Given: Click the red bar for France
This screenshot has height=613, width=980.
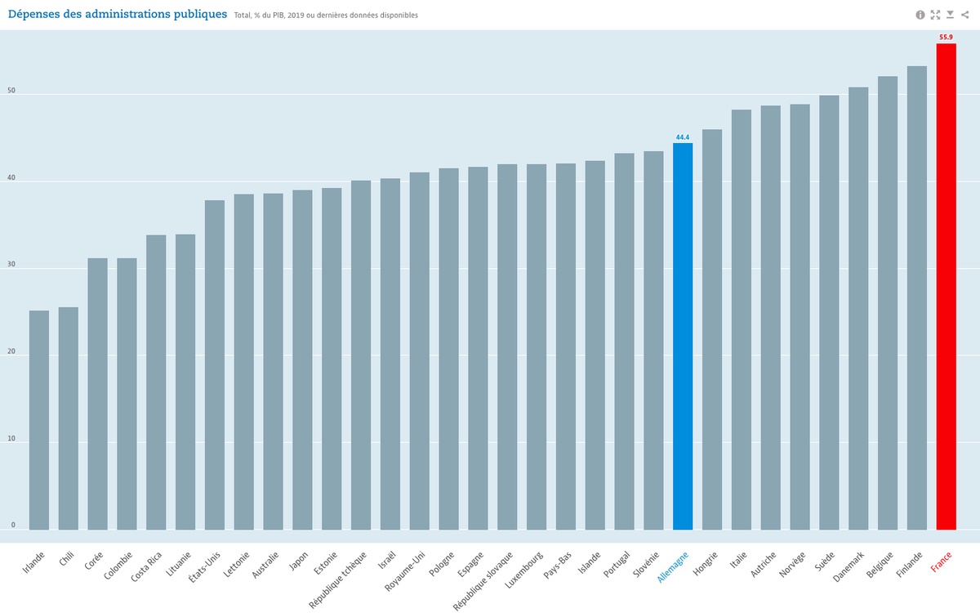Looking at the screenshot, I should (x=946, y=286).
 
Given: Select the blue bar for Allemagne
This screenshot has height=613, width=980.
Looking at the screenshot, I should (x=683, y=336).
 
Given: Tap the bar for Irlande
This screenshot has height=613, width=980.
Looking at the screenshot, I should (x=39, y=420).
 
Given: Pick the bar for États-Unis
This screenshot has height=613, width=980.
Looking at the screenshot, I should (x=215, y=365).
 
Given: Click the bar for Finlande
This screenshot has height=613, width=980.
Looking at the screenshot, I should (x=916, y=298).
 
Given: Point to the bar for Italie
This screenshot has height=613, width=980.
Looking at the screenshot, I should (x=741, y=320).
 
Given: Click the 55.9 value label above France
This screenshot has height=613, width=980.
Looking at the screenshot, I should (x=946, y=37).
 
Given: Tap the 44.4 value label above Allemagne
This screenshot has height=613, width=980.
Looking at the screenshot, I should (x=683, y=136).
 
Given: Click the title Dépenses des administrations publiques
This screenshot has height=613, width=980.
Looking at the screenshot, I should (x=117, y=14).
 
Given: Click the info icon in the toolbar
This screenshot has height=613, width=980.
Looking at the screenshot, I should (x=920, y=15).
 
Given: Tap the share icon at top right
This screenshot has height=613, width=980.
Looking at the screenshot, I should (x=964, y=15).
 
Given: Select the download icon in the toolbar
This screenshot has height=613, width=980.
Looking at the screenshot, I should (x=950, y=15).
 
